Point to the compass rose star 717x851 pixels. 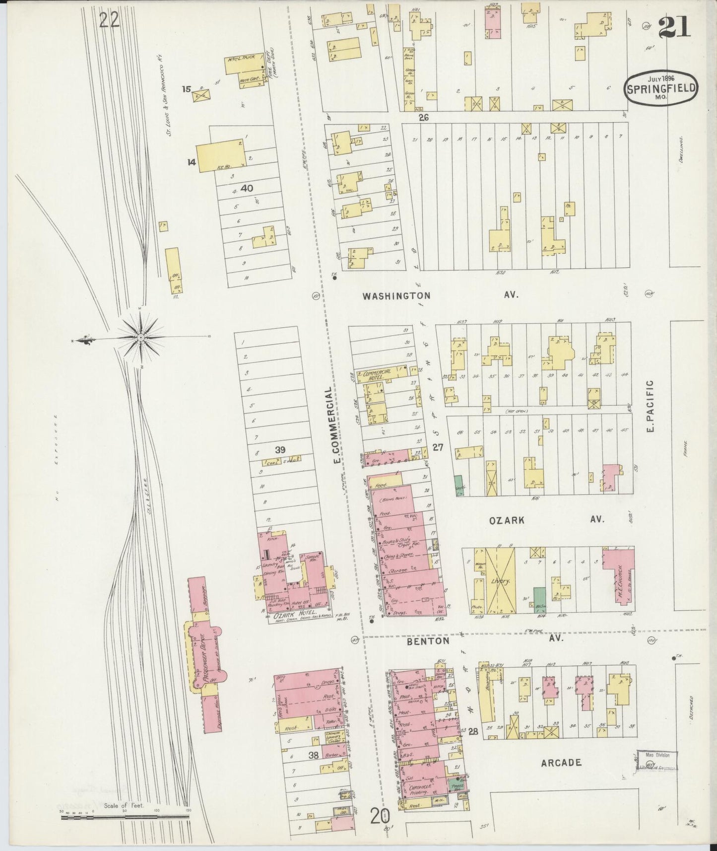click(x=141, y=338)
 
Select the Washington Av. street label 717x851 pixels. click(x=439, y=295)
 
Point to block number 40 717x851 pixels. click(x=247, y=188)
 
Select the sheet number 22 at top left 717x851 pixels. click(x=109, y=20)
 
